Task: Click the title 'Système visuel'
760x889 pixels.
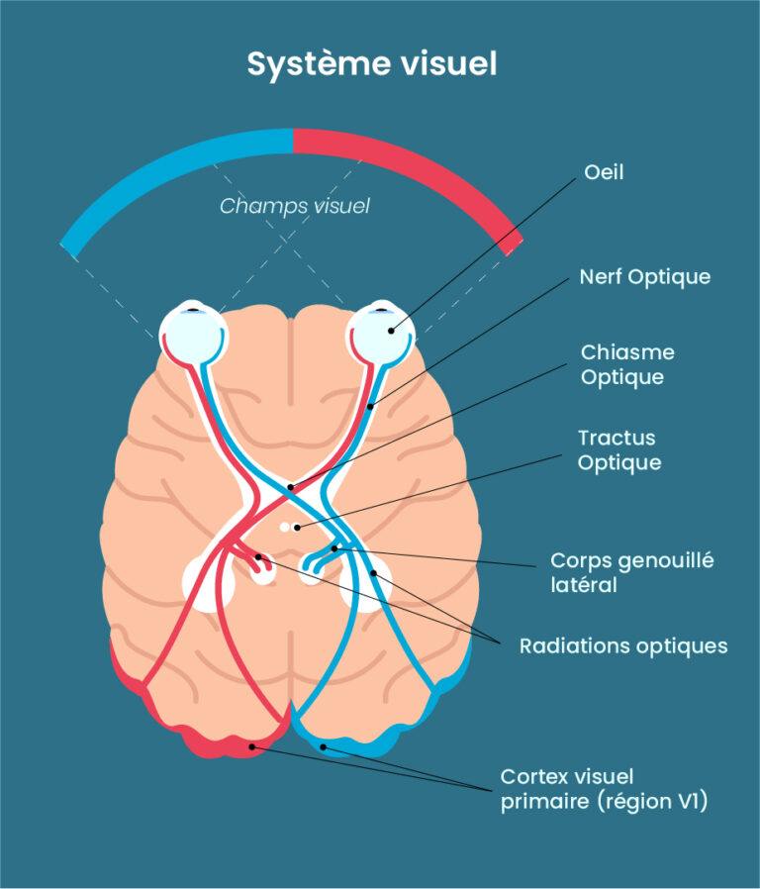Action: tap(371, 64)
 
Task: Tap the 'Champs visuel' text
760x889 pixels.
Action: tap(294, 206)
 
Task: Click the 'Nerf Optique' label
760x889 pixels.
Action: tap(644, 276)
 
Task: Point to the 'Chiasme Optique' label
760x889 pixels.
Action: tap(627, 364)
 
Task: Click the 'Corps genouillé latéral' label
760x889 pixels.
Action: tap(631, 572)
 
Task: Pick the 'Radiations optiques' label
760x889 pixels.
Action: tap(623, 645)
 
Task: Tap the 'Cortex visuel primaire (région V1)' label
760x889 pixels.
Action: tap(604, 789)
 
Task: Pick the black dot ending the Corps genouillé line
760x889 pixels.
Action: tap(335, 547)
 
